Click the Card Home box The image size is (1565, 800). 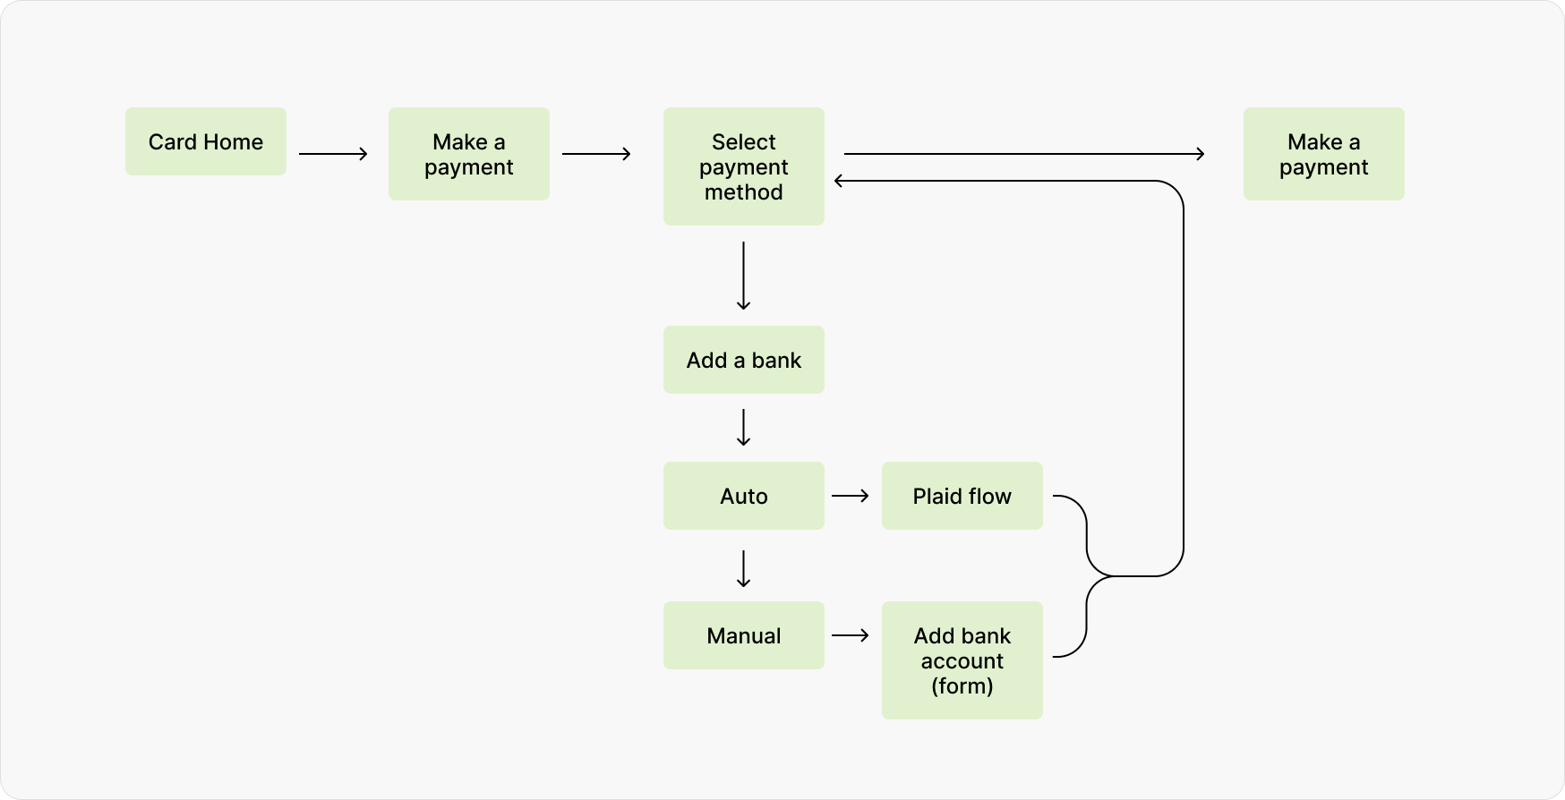tap(206, 141)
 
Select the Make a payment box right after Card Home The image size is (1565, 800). tap(469, 154)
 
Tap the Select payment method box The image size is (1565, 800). tap(744, 166)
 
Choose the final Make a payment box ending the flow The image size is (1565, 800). tap(1324, 154)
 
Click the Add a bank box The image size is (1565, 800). tap(744, 360)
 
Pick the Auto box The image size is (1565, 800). tap(744, 496)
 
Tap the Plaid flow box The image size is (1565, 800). tap(962, 496)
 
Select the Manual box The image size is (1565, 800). tap(744, 635)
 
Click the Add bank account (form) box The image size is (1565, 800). tap(962, 660)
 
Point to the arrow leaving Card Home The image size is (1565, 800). tap(333, 154)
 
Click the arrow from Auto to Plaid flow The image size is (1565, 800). tap(851, 496)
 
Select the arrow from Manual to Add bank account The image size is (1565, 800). tap(851, 635)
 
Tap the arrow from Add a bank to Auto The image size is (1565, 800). tap(744, 428)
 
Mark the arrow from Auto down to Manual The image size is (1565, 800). tap(744, 569)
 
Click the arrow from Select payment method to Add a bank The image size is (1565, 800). tap(744, 276)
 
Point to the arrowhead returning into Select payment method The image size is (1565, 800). tap(837, 181)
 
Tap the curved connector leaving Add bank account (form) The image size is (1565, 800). tap(1086, 617)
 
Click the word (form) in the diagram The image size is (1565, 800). tap(962, 686)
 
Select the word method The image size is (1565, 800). tap(744, 192)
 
